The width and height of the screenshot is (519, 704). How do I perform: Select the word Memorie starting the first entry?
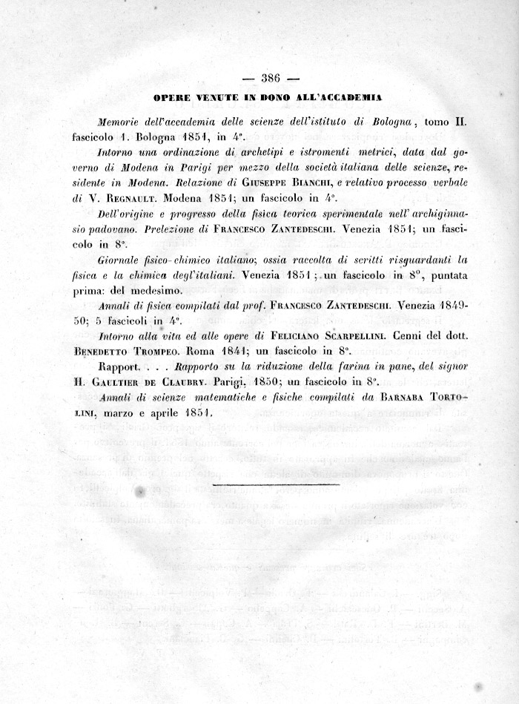click(121, 122)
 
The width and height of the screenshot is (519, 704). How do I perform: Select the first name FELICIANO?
click(280, 336)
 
